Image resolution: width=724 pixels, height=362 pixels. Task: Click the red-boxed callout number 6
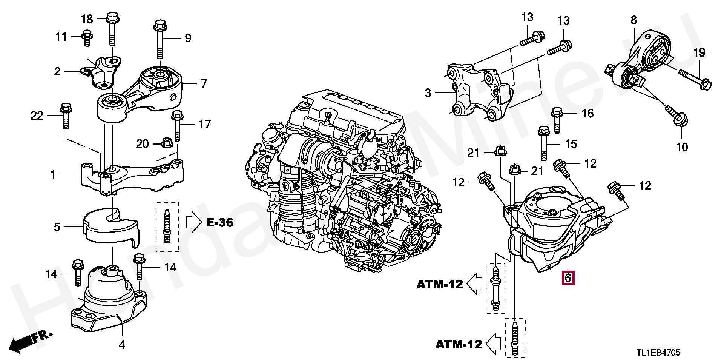pos(568,278)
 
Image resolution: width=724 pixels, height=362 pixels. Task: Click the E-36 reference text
pos(220,223)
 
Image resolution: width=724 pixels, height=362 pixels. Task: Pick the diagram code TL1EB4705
pos(658,353)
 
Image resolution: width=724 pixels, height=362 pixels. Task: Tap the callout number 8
pos(633,20)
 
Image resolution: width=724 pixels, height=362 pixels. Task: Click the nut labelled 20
pos(167,143)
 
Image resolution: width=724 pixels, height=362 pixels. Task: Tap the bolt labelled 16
pos(557,120)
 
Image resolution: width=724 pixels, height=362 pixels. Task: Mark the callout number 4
pos(122,344)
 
